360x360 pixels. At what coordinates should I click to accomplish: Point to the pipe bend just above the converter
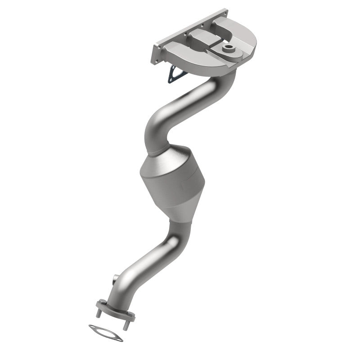click(155, 130)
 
